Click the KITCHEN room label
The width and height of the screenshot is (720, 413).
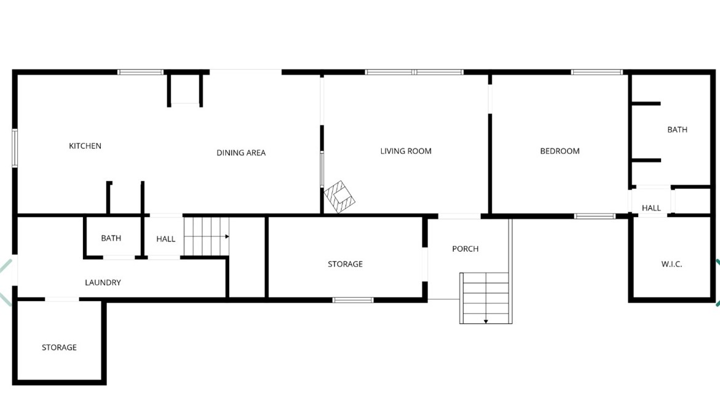click(x=85, y=146)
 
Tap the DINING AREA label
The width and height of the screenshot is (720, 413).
click(x=241, y=153)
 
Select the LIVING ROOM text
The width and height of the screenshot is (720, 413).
click(x=406, y=151)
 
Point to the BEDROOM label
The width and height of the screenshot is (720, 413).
click(x=560, y=151)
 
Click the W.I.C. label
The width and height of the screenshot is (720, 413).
click(x=671, y=264)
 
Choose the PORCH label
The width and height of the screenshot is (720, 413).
click(x=465, y=249)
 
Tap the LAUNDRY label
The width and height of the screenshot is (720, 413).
click(x=103, y=283)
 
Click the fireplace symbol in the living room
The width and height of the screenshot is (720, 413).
click(x=339, y=196)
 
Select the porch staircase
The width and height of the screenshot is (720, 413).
click(x=485, y=297)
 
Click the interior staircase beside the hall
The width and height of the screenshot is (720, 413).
click(x=206, y=236)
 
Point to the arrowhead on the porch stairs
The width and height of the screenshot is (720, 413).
click(x=486, y=321)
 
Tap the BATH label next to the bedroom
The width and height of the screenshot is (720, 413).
click(x=677, y=130)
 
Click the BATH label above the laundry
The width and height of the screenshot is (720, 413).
click(x=111, y=238)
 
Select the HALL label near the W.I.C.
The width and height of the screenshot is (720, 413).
click(x=651, y=208)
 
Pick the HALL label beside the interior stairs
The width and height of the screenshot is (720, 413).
click(x=165, y=239)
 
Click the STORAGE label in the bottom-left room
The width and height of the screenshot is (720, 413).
click(x=59, y=347)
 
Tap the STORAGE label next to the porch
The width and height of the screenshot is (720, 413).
click(x=345, y=264)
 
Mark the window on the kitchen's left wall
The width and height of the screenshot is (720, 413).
click(x=15, y=148)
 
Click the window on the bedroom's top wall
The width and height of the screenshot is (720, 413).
click(x=596, y=72)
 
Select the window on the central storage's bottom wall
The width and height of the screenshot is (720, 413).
click(x=353, y=300)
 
